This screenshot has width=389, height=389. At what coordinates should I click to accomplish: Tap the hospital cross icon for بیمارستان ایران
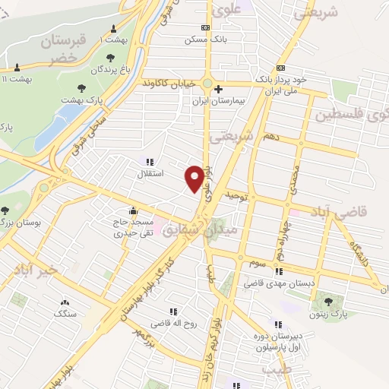click(x=218, y=90)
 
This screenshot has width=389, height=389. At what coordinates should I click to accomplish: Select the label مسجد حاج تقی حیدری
click(x=134, y=228)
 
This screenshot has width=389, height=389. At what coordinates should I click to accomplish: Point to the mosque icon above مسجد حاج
click(x=134, y=211)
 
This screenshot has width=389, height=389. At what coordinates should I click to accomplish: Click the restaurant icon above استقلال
click(x=149, y=162)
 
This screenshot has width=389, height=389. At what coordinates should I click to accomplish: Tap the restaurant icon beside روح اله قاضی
click(x=173, y=312)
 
